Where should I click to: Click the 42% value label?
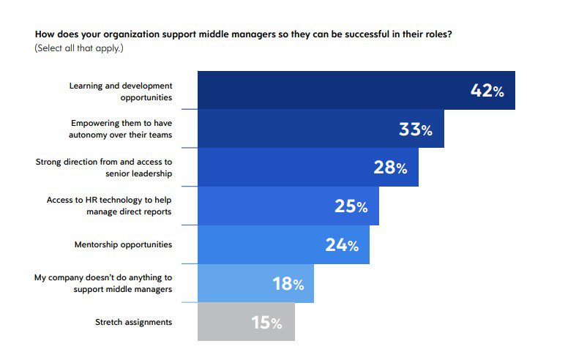[x=487, y=91]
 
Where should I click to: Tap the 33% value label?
[x=416, y=130]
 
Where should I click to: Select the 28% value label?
[x=390, y=168]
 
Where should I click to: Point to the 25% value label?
[x=351, y=206]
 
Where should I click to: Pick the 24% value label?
[x=342, y=245]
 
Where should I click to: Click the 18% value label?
[x=288, y=284]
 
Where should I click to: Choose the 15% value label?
[x=266, y=323]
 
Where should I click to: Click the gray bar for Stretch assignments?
[x=247, y=322]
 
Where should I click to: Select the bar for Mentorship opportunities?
[x=283, y=244]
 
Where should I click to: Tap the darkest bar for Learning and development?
[x=356, y=90]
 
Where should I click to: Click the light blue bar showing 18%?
[x=255, y=283]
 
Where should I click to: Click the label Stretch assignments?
[x=134, y=322]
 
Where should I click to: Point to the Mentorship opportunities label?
[x=123, y=244]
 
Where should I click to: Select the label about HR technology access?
[x=109, y=206]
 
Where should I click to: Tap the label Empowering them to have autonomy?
[x=121, y=129]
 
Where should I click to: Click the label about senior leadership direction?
[x=104, y=168]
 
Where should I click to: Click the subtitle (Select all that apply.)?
[x=79, y=48]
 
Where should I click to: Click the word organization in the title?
[x=132, y=34]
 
